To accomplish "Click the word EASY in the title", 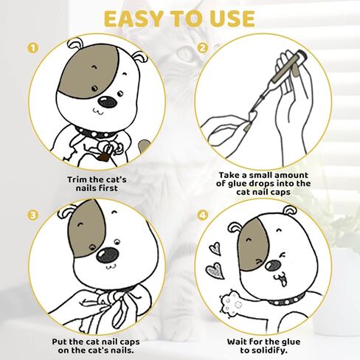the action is (x=134, y=19).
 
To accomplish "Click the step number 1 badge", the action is (x=33, y=48).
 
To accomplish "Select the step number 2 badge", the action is (x=203, y=48).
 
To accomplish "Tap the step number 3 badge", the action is (x=33, y=215).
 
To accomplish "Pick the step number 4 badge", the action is (x=203, y=215).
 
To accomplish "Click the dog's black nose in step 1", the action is (x=108, y=102).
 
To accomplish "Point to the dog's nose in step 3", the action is (x=107, y=255).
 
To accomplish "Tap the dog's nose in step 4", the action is (x=273, y=265).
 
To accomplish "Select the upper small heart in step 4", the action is (x=215, y=249).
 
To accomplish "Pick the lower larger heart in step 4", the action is (x=215, y=271).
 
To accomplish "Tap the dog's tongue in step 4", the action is (x=283, y=283).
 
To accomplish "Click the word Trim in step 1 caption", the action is (x=77, y=179).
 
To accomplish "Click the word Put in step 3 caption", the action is (x=59, y=342).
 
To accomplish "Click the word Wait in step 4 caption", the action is (x=237, y=342).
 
